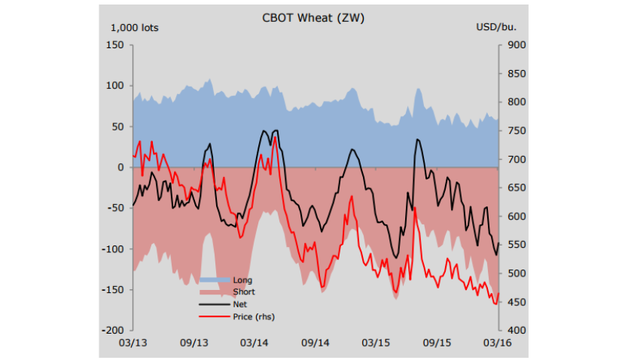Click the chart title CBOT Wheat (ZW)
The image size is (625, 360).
click(312, 17)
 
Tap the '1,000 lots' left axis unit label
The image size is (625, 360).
click(135, 28)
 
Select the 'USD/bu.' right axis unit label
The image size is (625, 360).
click(496, 28)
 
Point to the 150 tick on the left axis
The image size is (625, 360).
click(114, 45)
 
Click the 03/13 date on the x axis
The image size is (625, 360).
click(133, 343)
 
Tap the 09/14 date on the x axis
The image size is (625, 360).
click(316, 343)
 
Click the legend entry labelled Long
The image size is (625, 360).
click(242, 280)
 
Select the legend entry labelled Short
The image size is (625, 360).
click(244, 292)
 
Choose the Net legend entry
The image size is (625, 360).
click(240, 304)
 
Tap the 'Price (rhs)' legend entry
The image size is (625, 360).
click(254, 316)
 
